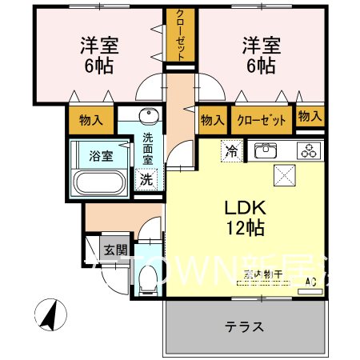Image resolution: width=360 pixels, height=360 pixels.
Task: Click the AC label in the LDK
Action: click(312, 282)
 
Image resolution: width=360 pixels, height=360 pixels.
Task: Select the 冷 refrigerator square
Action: click(231, 149)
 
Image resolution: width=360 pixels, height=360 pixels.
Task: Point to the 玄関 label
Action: click(112, 248)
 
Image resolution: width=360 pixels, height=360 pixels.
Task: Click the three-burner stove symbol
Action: click(308, 149)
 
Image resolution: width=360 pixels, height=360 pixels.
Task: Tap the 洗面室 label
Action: click(148, 149)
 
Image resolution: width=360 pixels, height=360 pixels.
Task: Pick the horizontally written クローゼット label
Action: click(262, 120)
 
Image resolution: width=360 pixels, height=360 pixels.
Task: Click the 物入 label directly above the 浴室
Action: click(91, 121)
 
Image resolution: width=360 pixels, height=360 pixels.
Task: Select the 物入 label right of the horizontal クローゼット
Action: click(310, 117)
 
